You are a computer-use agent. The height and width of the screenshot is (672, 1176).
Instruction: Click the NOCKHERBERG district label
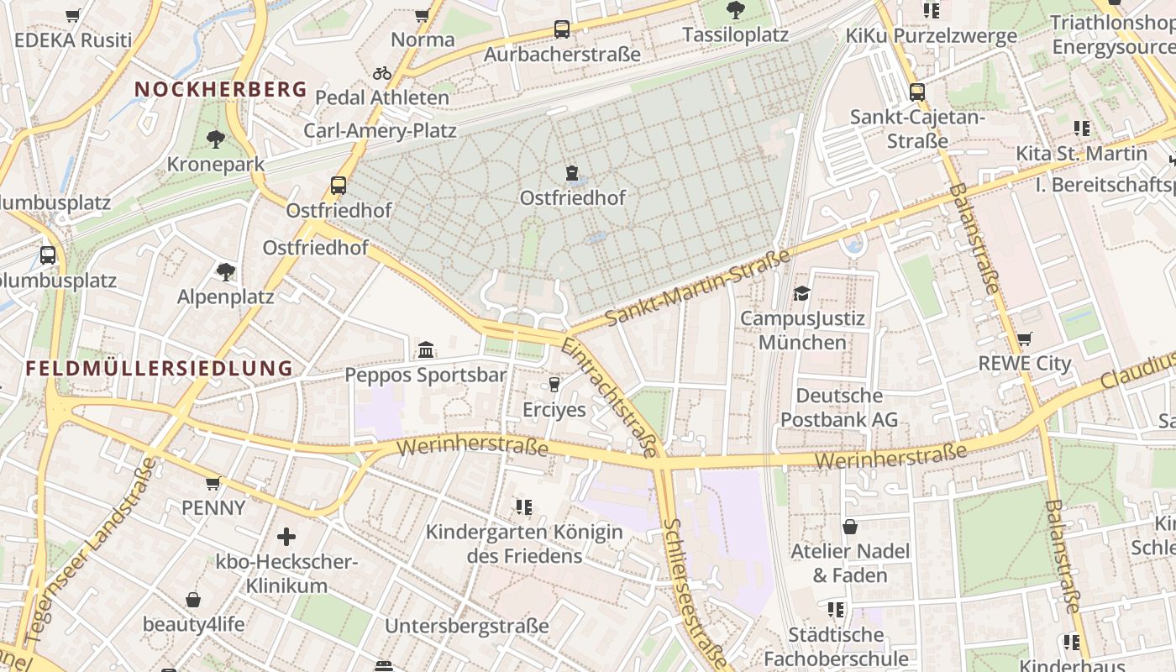221,89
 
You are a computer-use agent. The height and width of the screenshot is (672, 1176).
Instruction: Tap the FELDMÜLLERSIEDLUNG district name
159,368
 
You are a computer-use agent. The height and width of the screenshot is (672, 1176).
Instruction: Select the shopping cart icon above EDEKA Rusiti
73,15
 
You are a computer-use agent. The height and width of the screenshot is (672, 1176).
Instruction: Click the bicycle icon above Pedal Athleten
382,73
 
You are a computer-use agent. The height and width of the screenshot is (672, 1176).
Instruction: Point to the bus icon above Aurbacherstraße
562,29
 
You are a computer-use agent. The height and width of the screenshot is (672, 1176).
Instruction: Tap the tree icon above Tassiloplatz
736,10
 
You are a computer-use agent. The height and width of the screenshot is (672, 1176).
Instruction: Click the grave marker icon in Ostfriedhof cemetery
573,173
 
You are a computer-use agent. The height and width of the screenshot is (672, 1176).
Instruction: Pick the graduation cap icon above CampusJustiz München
802,294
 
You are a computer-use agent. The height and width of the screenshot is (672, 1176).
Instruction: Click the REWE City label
1025,364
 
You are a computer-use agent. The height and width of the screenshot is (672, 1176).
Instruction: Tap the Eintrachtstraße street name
610,396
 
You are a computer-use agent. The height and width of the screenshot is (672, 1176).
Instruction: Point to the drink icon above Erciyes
554,385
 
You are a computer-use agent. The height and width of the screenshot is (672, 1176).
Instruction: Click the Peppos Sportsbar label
426,375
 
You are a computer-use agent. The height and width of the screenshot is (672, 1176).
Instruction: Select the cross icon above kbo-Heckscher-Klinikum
286,536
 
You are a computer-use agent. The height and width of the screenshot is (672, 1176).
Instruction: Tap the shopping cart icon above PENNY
213,483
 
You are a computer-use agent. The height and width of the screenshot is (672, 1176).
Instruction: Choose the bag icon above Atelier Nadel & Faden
850,527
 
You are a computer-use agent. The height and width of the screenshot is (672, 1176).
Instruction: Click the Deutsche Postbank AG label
839,407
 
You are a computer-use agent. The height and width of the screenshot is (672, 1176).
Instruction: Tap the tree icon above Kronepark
216,139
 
